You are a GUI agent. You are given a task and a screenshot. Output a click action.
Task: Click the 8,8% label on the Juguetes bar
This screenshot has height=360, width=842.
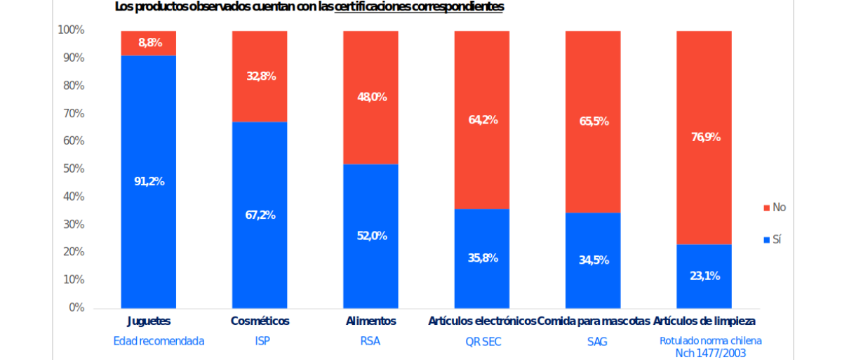(x=149, y=43)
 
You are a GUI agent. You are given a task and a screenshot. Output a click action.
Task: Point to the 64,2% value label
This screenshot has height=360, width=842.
(x=483, y=120)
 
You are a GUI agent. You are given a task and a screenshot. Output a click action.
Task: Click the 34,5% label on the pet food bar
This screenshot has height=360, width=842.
(x=594, y=260)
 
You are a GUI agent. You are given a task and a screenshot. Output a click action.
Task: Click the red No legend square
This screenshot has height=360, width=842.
(x=766, y=208)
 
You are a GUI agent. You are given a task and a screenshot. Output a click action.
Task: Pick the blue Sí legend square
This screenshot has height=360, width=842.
(x=766, y=240)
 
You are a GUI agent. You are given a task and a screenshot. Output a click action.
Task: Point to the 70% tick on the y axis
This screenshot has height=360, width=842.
(x=73, y=114)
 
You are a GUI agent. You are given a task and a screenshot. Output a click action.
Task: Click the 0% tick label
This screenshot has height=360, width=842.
(x=76, y=307)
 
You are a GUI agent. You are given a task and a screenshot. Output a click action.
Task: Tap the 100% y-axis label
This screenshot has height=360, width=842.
(x=71, y=31)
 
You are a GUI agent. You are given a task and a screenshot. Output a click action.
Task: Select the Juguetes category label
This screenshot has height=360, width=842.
(x=149, y=321)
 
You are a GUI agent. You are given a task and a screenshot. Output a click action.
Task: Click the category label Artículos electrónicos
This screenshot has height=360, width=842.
(x=482, y=321)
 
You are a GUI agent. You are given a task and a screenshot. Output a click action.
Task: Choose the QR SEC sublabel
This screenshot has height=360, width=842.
(x=483, y=342)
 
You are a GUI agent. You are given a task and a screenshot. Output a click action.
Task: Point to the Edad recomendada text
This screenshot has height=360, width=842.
(x=159, y=341)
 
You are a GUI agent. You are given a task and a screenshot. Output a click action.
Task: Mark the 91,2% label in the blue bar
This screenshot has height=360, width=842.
(x=149, y=182)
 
